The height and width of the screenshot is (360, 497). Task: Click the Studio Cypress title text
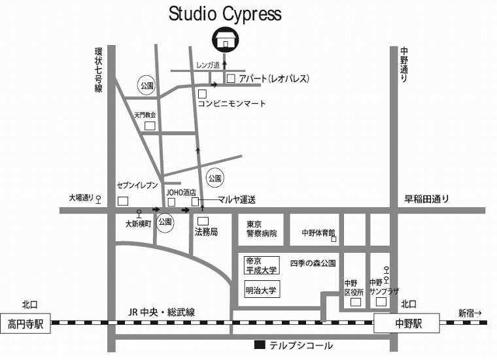click(225, 13)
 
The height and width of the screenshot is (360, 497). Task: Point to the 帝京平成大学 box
click(262, 265)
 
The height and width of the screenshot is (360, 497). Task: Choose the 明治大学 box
click(262, 290)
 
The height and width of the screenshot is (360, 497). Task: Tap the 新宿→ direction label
click(470, 312)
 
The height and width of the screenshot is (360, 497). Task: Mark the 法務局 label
click(206, 232)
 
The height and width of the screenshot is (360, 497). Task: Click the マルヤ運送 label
click(236, 199)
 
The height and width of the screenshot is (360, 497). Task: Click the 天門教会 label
click(146, 114)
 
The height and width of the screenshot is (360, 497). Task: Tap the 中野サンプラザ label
click(384, 287)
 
